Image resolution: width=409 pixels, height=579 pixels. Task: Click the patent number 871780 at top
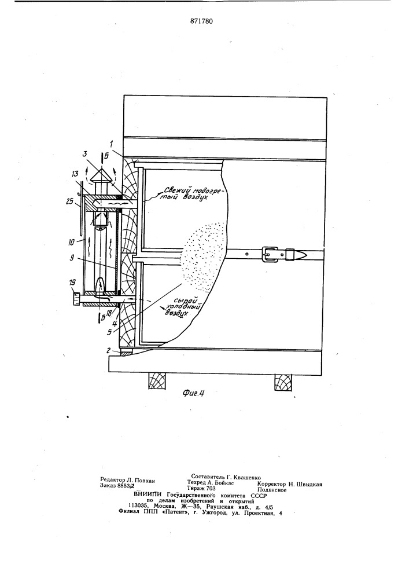click(202, 21)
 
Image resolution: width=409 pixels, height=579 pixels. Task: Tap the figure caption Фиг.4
click(193, 394)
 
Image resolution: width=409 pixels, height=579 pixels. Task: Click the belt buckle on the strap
click(269, 254)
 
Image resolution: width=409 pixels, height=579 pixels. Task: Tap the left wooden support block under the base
click(157, 381)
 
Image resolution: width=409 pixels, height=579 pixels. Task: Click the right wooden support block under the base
click(282, 381)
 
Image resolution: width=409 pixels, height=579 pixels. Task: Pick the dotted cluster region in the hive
click(203, 255)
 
